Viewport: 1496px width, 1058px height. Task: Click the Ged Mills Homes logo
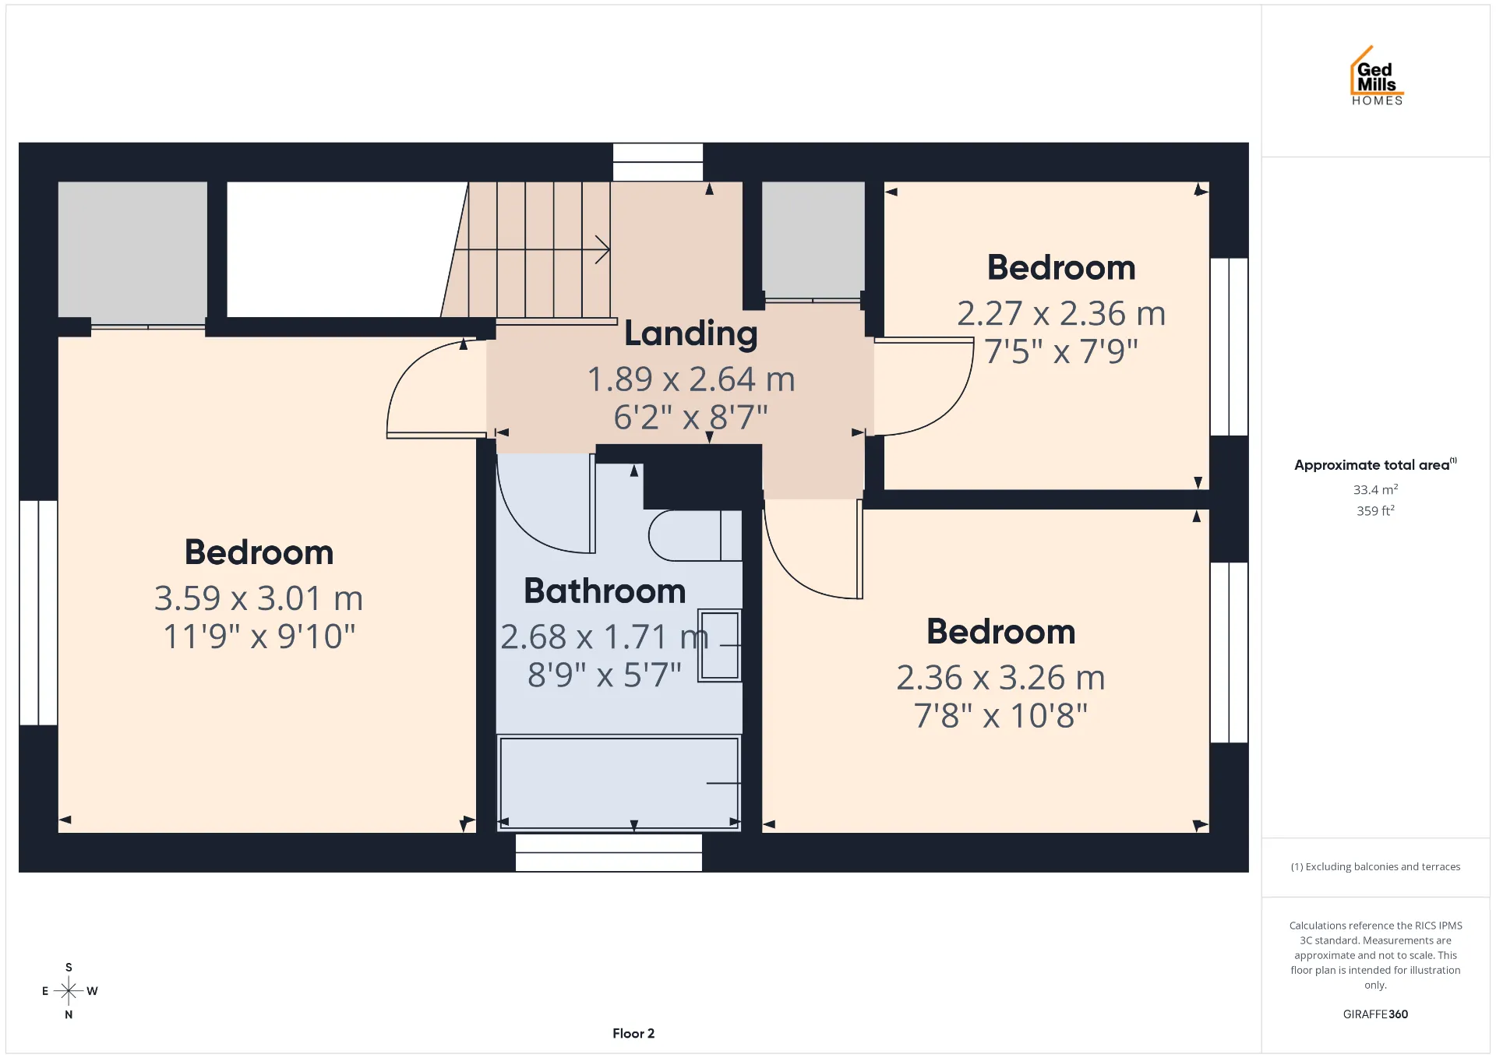(1377, 76)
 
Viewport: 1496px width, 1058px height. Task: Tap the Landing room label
(691, 333)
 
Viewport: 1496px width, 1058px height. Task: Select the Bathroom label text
(605, 591)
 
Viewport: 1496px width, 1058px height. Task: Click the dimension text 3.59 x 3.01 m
(259, 598)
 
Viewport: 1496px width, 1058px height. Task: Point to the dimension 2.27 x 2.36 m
(1061, 313)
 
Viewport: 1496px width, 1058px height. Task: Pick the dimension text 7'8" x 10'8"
(1001, 715)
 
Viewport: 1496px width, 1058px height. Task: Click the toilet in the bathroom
(695, 535)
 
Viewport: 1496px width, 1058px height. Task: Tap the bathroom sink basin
(719, 646)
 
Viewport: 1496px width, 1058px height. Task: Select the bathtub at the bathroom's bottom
(619, 782)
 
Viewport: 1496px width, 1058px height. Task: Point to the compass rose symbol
(69, 991)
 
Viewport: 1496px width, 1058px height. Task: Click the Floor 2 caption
(633, 1034)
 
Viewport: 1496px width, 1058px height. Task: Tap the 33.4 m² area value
(1375, 489)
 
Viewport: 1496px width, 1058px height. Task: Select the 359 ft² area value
(1375, 510)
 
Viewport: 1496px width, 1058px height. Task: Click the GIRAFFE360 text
(1375, 1014)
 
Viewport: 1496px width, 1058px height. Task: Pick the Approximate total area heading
(1375, 464)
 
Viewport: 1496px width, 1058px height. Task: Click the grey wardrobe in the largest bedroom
(132, 249)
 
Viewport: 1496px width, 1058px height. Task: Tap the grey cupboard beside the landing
(813, 239)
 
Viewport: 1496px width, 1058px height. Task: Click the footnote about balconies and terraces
(1375, 866)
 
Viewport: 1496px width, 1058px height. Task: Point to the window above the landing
(658, 162)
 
